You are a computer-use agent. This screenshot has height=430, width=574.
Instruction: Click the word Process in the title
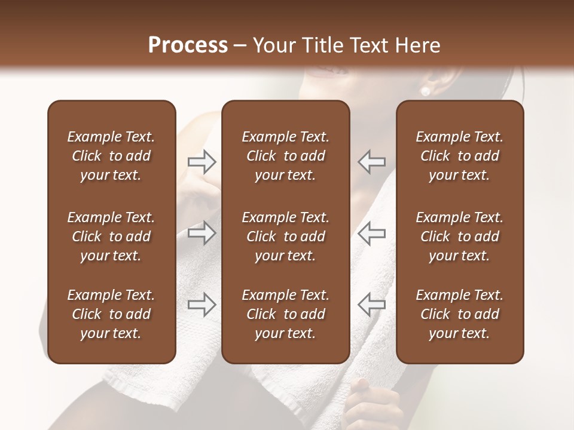pyautogui.click(x=188, y=45)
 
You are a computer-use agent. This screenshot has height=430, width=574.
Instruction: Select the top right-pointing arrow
pyautogui.click(x=201, y=161)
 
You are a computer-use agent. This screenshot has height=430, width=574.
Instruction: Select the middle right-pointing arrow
pyautogui.click(x=201, y=233)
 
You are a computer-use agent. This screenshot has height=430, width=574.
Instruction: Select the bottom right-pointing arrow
pyautogui.click(x=201, y=305)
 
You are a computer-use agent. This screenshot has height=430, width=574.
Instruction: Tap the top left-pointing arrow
pyautogui.click(x=372, y=161)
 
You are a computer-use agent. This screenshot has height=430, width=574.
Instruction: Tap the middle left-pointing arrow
pyautogui.click(x=372, y=233)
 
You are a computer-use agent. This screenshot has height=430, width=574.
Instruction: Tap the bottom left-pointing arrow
pyautogui.click(x=372, y=305)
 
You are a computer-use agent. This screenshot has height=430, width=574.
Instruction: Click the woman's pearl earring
pyautogui.click(x=426, y=91)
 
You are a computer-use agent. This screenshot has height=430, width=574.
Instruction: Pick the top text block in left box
pyautogui.click(x=111, y=156)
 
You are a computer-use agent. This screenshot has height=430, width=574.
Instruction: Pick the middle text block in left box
pyautogui.click(x=111, y=236)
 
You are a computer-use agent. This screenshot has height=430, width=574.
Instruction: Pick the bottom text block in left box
pyautogui.click(x=111, y=314)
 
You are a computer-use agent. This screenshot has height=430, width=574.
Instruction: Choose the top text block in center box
pyautogui.click(x=285, y=156)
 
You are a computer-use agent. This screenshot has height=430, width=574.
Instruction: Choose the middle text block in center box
pyautogui.click(x=285, y=236)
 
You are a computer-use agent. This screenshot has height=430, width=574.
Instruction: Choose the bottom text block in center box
pyautogui.click(x=285, y=314)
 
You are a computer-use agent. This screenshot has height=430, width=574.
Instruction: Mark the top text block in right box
pyautogui.click(x=459, y=156)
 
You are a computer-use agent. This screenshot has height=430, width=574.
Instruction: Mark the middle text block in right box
pyautogui.click(x=459, y=236)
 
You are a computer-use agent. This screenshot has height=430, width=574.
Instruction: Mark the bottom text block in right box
pyautogui.click(x=459, y=314)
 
